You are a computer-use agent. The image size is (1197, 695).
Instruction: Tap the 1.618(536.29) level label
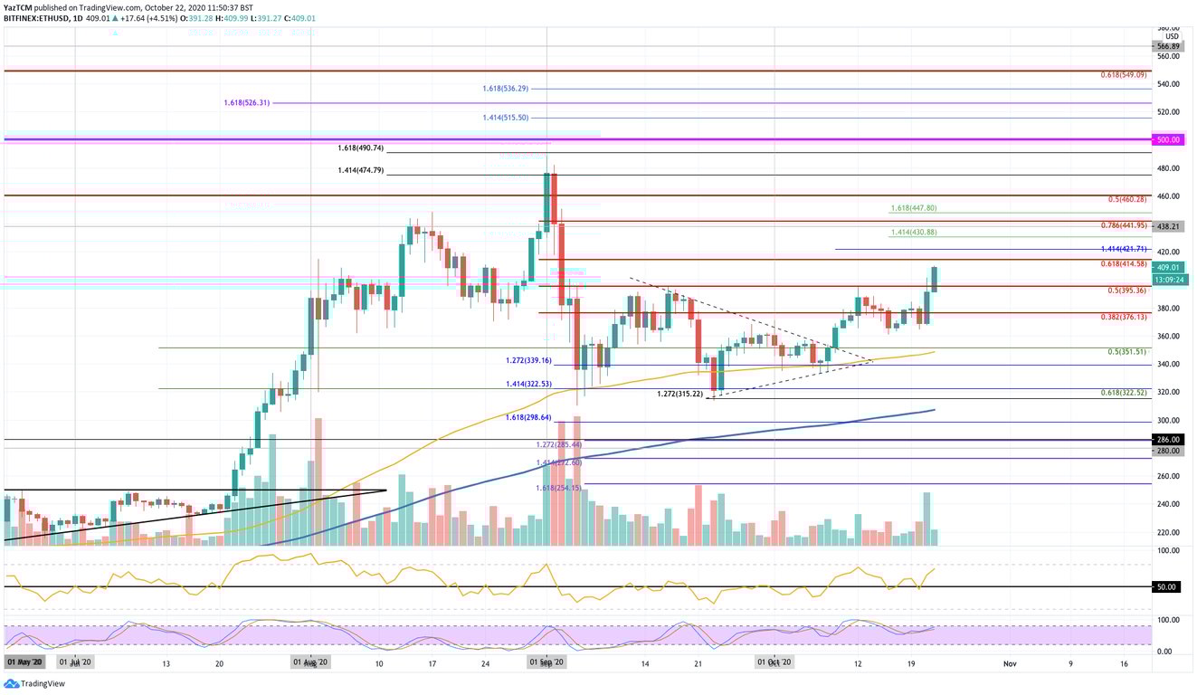click(505, 89)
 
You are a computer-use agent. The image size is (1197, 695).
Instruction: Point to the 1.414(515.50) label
click(505, 118)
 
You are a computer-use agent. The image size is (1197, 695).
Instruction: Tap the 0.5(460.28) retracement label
click(1128, 199)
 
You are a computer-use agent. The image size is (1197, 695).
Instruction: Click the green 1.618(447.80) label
click(913, 208)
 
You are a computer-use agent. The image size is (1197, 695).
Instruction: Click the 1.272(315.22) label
click(680, 395)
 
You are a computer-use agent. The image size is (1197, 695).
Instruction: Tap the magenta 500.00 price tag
click(1167, 140)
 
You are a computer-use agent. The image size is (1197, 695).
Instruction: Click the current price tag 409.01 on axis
click(1167, 268)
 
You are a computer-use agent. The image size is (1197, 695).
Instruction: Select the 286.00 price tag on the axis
click(1167, 439)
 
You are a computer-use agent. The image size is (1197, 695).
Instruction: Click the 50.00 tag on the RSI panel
click(1167, 586)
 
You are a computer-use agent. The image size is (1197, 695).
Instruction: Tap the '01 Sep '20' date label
click(546, 663)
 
